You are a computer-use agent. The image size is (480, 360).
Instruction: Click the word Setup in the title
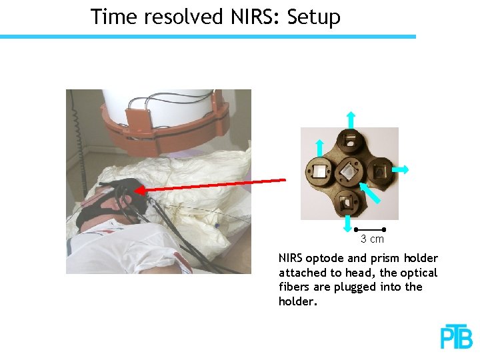pyautogui.click(x=313, y=17)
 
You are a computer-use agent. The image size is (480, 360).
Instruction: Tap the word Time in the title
pyautogui.click(x=112, y=16)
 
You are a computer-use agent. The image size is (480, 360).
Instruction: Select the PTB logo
pyautogui.click(x=456, y=337)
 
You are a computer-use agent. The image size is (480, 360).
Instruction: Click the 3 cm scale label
pyautogui.click(x=372, y=239)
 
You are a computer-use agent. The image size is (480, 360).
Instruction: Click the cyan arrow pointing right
pyautogui.click(x=401, y=170)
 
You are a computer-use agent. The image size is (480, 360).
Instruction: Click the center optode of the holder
pyautogui.click(x=348, y=173)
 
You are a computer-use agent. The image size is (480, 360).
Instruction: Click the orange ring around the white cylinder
pyautogui.click(x=167, y=130)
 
